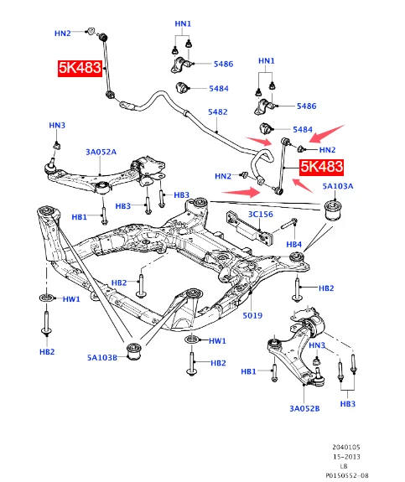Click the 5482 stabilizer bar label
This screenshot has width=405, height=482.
click(x=218, y=111)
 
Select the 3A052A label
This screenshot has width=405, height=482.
click(x=101, y=152)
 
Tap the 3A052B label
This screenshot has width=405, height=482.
click(x=304, y=408)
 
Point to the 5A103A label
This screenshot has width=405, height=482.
click(x=338, y=186)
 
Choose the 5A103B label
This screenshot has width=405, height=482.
click(x=102, y=357)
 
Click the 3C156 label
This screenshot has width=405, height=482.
click(x=261, y=215)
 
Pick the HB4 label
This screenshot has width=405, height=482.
click(x=294, y=245)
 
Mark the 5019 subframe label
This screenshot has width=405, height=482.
click(x=252, y=315)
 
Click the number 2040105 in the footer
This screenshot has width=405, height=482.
click(x=346, y=448)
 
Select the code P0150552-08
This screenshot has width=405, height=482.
click(x=347, y=475)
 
